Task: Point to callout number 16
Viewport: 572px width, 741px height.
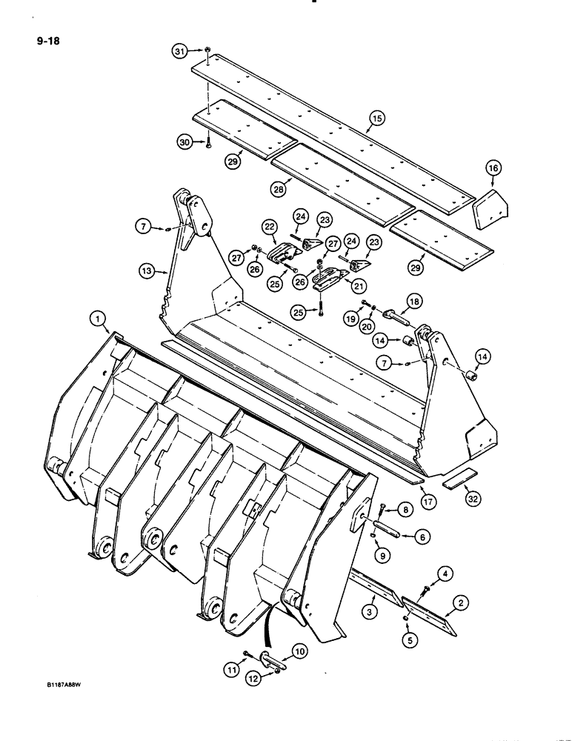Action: tap(493, 170)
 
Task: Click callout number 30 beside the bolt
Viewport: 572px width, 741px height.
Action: tap(184, 141)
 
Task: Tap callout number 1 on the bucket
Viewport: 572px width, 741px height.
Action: tap(96, 319)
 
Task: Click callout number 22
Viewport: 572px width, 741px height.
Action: tap(268, 226)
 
